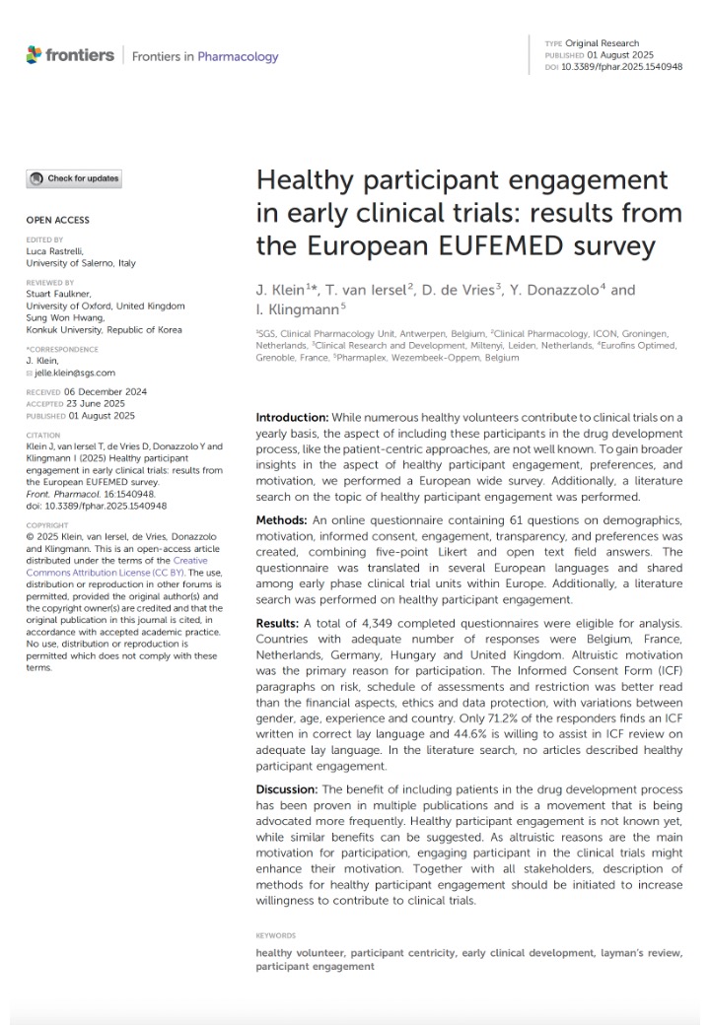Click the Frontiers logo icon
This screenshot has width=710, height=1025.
[35, 55]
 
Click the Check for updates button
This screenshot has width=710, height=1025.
[75, 179]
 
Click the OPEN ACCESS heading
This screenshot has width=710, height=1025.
[57, 220]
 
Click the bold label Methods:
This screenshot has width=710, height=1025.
[281, 518]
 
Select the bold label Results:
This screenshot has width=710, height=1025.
[279, 624]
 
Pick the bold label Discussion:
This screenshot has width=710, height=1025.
[287, 789]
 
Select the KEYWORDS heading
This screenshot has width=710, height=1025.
[276, 935]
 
